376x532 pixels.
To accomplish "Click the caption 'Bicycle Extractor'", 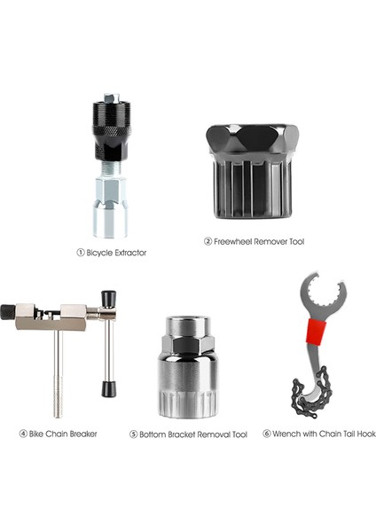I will point(115,252).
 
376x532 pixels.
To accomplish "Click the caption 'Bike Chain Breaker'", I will point(62,434).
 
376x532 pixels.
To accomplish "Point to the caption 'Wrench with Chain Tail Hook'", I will point(325,434).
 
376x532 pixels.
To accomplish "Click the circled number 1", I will point(80,252).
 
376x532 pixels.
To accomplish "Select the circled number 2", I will point(208,240).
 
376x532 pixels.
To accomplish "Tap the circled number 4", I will point(23,434).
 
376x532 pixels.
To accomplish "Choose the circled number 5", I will point(134,434).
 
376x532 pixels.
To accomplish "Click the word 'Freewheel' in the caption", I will point(234,240).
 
